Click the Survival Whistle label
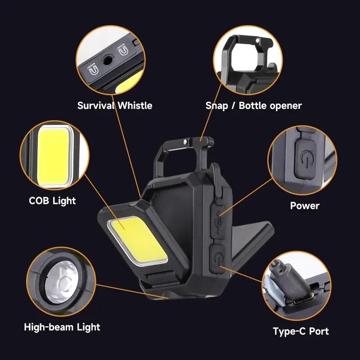[115, 106]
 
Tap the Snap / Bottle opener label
[253, 106]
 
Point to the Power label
[304, 206]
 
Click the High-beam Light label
[62, 327]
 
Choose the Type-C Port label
[301, 332]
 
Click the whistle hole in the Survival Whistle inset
[108, 60]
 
